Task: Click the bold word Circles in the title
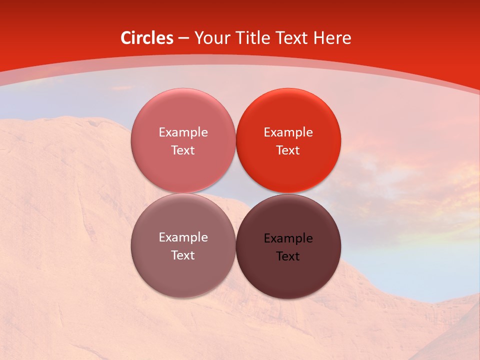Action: (147, 38)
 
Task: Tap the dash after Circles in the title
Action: (183, 38)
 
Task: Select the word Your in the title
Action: (210, 38)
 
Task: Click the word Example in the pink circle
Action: (183, 132)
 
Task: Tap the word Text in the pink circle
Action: (183, 150)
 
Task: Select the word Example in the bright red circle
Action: (288, 132)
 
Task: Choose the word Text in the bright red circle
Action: (288, 150)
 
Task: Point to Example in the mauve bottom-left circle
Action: (183, 237)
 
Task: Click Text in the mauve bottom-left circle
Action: (183, 255)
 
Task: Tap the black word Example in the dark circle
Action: (288, 238)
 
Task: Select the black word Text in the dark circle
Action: (288, 256)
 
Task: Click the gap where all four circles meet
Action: (235, 193)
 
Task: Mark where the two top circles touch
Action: (235, 140)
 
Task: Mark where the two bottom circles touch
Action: (235, 245)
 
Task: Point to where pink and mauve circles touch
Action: (183, 193)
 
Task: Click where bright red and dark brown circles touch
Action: (288, 193)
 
